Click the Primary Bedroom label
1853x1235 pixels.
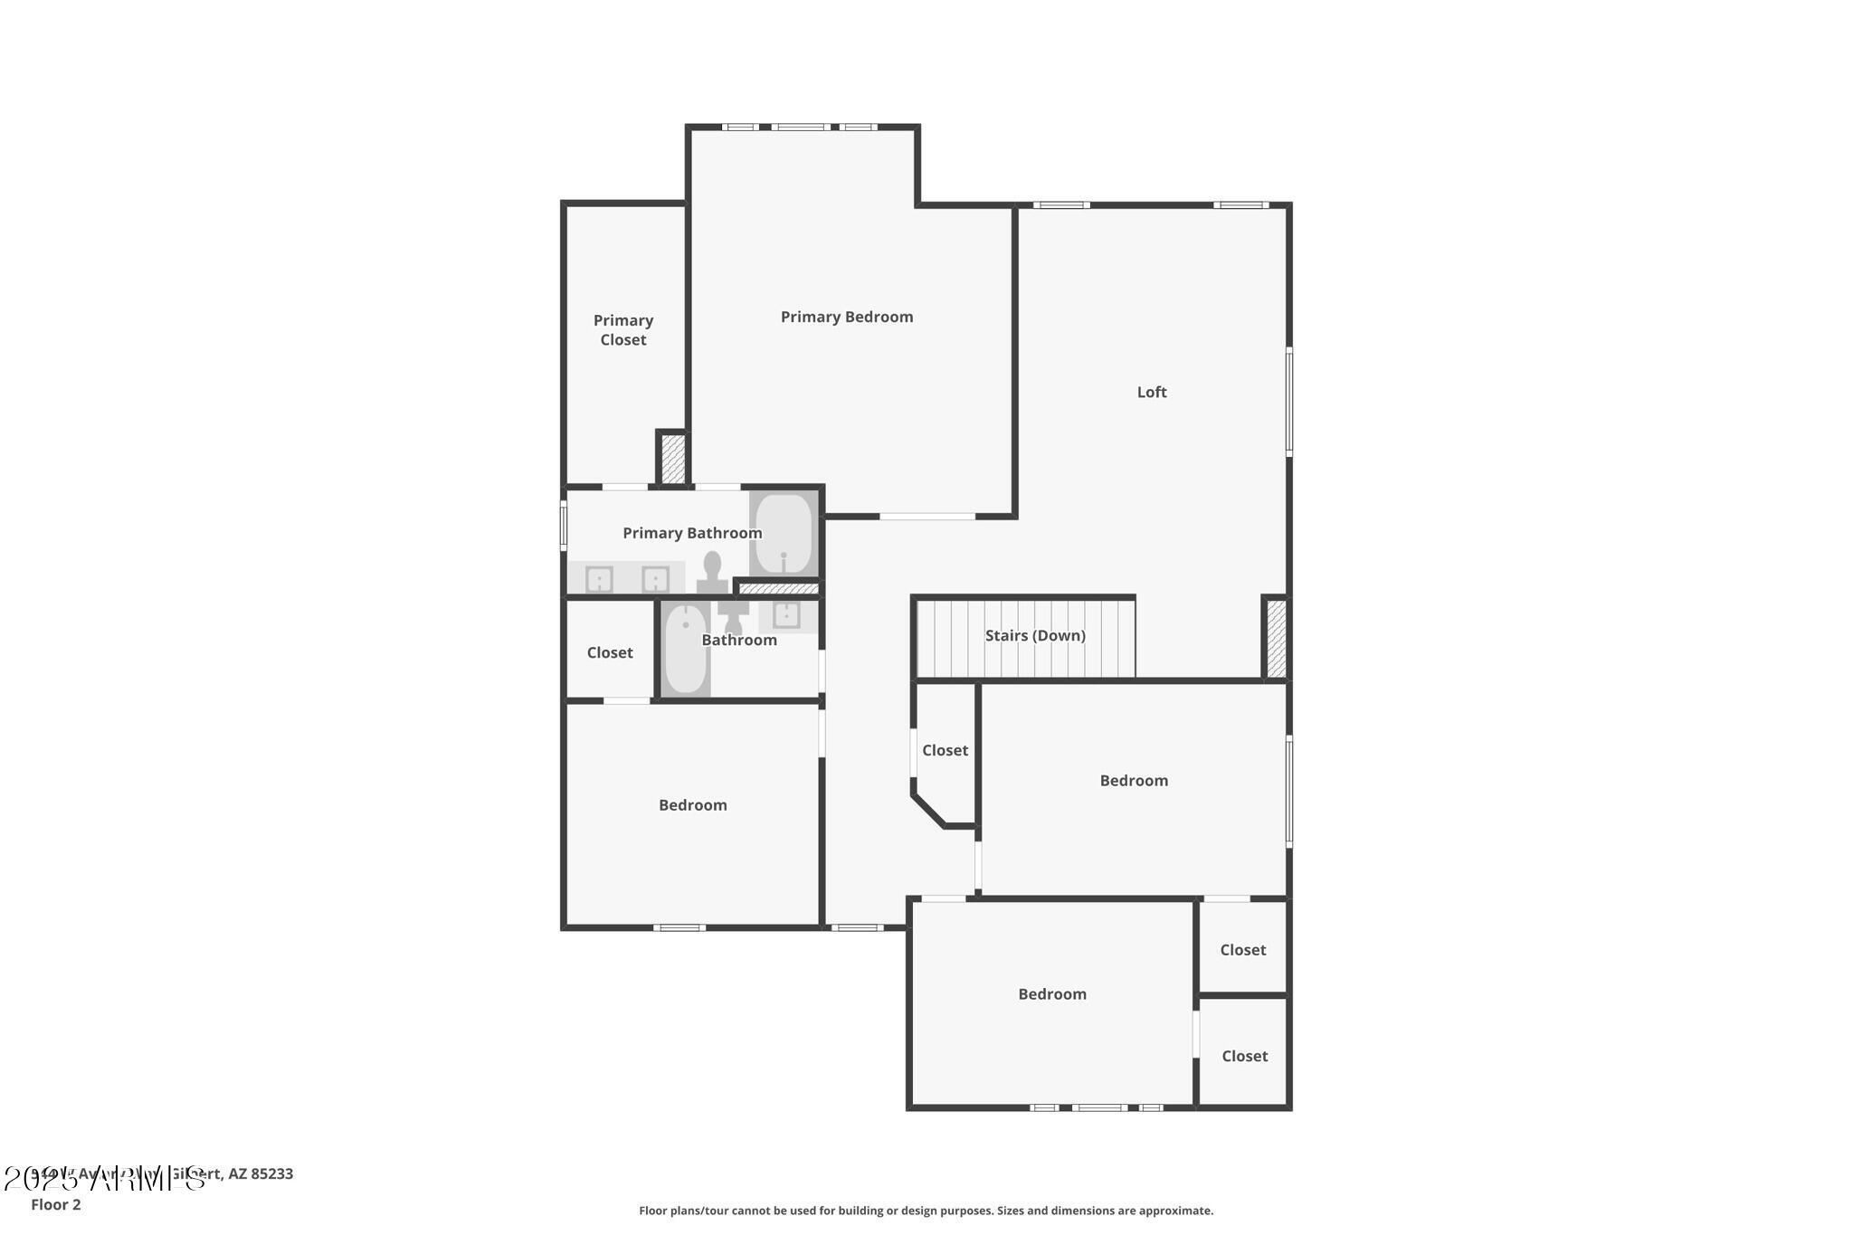pos(846,317)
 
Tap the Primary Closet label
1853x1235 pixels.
pos(622,330)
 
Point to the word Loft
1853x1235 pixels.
pos(1151,392)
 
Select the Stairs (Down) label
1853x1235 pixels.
pos(1034,635)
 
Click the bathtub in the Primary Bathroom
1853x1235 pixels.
pos(784,534)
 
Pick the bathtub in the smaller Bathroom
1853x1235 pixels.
pos(685,649)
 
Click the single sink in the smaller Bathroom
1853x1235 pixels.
pos(785,615)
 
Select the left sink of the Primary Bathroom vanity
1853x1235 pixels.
pos(599,579)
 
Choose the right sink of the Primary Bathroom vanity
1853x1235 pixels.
pos(655,579)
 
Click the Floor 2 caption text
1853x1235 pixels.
pos(55,1204)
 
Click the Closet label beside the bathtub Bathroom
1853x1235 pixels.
pos(609,652)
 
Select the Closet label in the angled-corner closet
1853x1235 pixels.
pos(945,750)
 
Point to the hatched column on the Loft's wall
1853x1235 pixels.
pos(1276,638)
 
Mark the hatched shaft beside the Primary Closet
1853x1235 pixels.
pos(672,459)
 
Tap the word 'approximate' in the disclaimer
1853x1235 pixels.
pos(1175,1211)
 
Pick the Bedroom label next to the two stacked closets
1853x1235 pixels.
pos(1051,993)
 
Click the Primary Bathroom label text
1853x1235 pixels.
pos(692,533)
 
